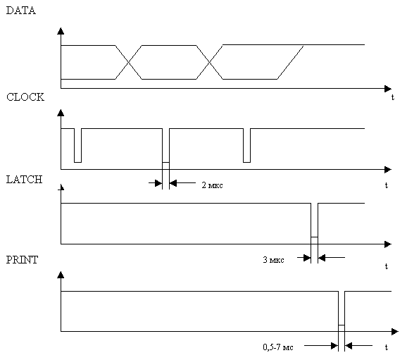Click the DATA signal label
pos(20,11)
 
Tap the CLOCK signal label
pos(25,97)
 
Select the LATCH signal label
pos(24,180)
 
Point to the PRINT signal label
pos(22,260)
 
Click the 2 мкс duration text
pos(212,185)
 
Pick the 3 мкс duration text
pos(273,260)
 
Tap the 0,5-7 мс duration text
pos(278,347)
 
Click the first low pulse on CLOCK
pos(77,145)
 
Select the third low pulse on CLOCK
pos(247,145)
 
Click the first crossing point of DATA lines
pos(128,62)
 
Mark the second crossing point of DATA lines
pos(209,62)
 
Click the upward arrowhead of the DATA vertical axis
pos(61,31)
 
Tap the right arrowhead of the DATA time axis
pos(388,89)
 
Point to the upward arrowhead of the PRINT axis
pos(61,275)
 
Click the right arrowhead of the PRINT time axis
pos(395,331)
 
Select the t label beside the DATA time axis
pos(392,97)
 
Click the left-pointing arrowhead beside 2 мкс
pos(173,183)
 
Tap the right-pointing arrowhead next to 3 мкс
pos(307,258)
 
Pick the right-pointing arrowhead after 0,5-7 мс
pos(334,346)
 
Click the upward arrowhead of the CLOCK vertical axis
pos(61,113)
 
